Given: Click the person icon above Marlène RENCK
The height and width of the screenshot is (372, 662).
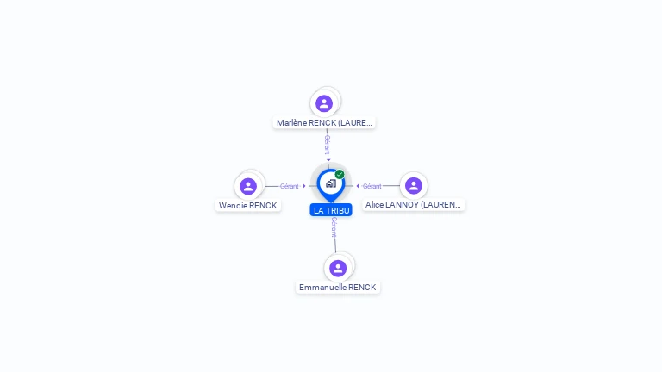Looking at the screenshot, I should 324,103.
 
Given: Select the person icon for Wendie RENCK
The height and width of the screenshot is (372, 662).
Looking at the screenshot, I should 248,186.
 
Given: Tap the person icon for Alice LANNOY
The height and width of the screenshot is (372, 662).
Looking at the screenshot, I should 414,186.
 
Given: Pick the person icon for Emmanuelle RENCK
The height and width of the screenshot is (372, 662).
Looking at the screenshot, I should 338,268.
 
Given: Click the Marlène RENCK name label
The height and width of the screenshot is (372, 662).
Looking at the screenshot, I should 324,123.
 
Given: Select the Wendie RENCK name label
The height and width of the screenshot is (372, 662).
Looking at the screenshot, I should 248,206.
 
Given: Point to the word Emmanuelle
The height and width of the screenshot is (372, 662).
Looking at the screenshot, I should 321,288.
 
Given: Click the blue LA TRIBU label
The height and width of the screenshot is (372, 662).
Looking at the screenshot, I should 331,210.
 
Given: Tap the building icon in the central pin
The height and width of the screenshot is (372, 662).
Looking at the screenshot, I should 330,183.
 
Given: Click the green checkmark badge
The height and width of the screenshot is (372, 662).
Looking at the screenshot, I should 340,175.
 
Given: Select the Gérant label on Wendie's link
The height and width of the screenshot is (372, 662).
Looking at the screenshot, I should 289,186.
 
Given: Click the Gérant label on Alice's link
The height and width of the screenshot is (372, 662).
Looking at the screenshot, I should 372,186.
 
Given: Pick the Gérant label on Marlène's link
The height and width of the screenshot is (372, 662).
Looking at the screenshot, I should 327,144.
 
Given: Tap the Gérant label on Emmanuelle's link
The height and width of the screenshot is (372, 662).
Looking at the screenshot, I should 334,226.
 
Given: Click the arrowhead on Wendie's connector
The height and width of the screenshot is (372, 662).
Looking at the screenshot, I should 304,186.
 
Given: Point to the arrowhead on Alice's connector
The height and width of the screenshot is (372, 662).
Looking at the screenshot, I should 358,186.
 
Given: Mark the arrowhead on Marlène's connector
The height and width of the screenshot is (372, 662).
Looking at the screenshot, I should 328,159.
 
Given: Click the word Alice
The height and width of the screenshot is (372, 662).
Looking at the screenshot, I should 375,205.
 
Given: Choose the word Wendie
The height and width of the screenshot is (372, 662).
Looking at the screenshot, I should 233,206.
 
